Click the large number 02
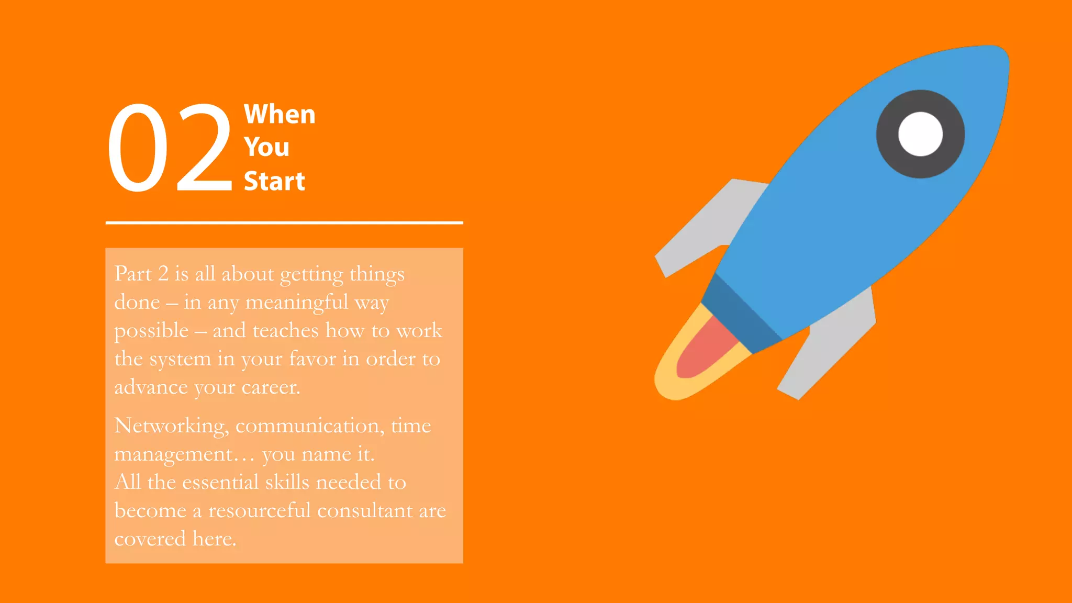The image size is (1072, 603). coord(170,148)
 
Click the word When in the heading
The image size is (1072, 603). coord(280,114)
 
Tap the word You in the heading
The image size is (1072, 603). coord(266,147)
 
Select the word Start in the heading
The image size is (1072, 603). coord(274,181)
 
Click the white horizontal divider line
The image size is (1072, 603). coord(284,223)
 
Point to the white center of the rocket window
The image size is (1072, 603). coord(920,134)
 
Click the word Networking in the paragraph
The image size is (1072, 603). coord(171,426)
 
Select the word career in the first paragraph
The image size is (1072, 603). coord(271,387)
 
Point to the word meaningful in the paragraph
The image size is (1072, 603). coord(297,303)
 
